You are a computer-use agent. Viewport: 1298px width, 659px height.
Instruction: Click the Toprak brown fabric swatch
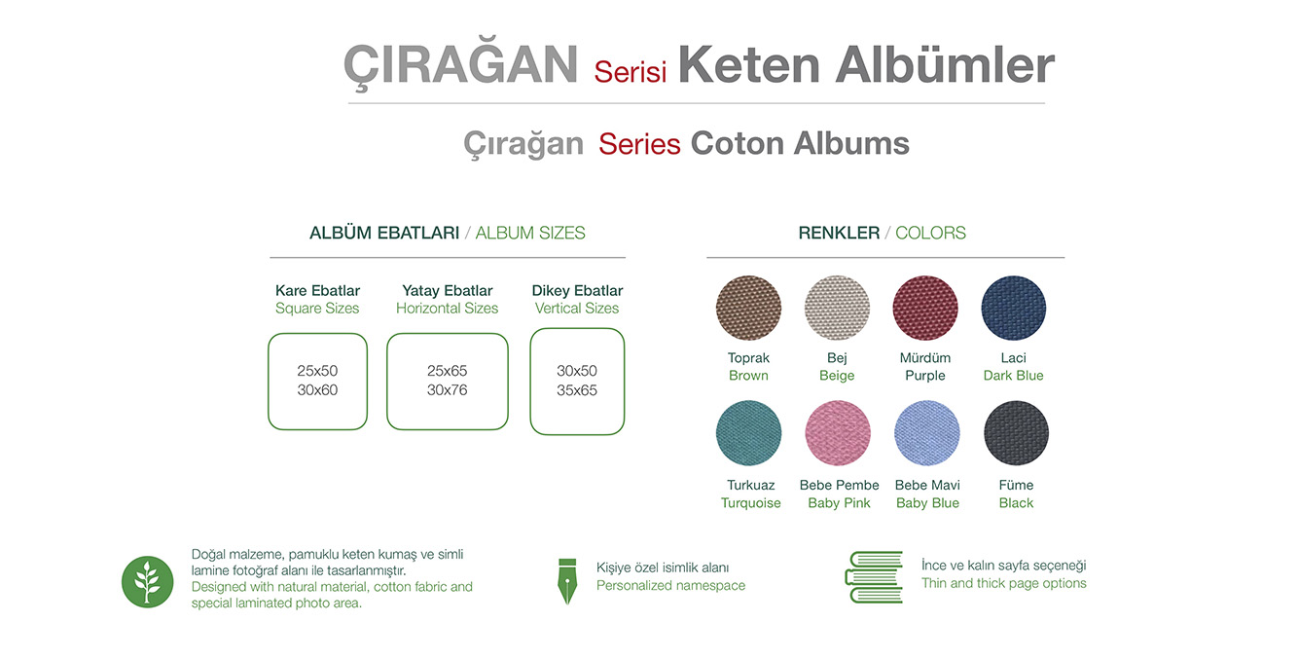pos(748,308)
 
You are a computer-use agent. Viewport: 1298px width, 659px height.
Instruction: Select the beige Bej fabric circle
pos(837,308)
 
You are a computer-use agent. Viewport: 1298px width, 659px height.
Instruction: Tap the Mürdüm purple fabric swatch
pos(924,308)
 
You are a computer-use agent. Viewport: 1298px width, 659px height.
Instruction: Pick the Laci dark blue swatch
pos(1014,308)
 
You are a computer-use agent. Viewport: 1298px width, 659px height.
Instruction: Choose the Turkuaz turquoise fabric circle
pos(748,433)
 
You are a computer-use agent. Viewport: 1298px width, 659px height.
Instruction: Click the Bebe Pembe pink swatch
pos(838,433)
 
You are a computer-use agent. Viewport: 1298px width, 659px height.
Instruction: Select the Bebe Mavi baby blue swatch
pos(927,433)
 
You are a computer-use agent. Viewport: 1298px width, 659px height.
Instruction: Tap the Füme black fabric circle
pos(1017,433)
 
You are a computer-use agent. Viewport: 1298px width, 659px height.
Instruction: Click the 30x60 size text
pos(317,390)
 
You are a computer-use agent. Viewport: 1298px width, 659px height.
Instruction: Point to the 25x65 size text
pos(447,370)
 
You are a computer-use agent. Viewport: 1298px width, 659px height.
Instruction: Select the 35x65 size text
pos(577,390)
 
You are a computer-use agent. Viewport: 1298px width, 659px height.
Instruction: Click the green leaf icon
pos(147,582)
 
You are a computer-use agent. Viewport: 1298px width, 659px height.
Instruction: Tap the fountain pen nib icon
pos(567,581)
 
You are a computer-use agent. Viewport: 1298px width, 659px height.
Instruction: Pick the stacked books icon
pos(874,577)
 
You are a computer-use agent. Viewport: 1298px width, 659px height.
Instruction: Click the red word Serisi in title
pos(630,72)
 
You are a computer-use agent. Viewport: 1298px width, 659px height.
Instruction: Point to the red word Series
pos(639,144)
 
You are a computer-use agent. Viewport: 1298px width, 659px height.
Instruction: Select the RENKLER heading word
pos(839,233)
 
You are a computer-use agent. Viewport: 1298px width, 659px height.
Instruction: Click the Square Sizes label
pos(317,309)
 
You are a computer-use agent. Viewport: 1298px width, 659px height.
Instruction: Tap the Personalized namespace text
pos(670,585)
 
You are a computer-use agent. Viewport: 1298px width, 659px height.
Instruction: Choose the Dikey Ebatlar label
pos(577,290)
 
